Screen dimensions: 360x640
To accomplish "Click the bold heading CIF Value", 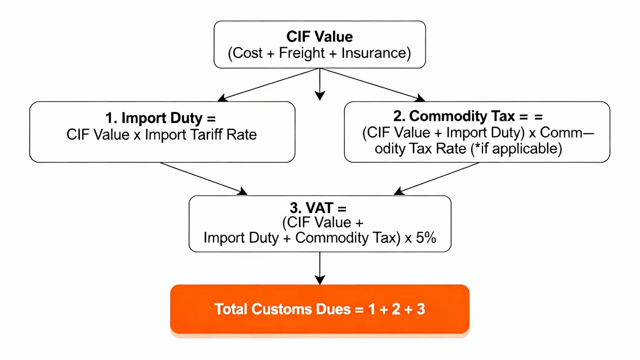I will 319,37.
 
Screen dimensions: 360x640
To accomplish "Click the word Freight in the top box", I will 302,53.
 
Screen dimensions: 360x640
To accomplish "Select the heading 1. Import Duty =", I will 161,118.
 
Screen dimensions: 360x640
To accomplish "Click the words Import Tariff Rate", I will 201,135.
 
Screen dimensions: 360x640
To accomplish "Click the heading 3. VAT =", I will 318,208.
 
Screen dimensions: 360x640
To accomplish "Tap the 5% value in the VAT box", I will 426,238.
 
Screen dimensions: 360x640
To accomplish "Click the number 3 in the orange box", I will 421,309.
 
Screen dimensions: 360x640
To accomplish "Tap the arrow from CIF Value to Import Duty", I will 269,85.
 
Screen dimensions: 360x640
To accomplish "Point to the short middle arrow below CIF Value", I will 320,85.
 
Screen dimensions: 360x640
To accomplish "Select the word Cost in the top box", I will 248,53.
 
